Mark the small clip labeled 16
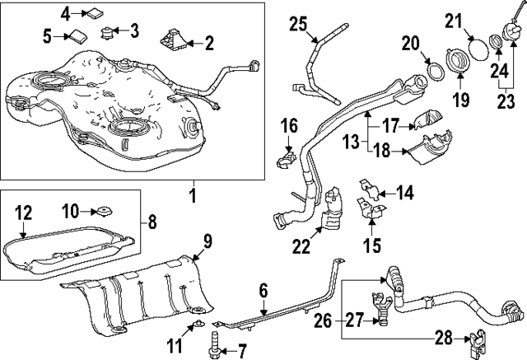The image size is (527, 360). (x=286, y=157)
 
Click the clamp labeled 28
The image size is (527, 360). (x=476, y=339)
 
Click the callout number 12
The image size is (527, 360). (x=24, y=213)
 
